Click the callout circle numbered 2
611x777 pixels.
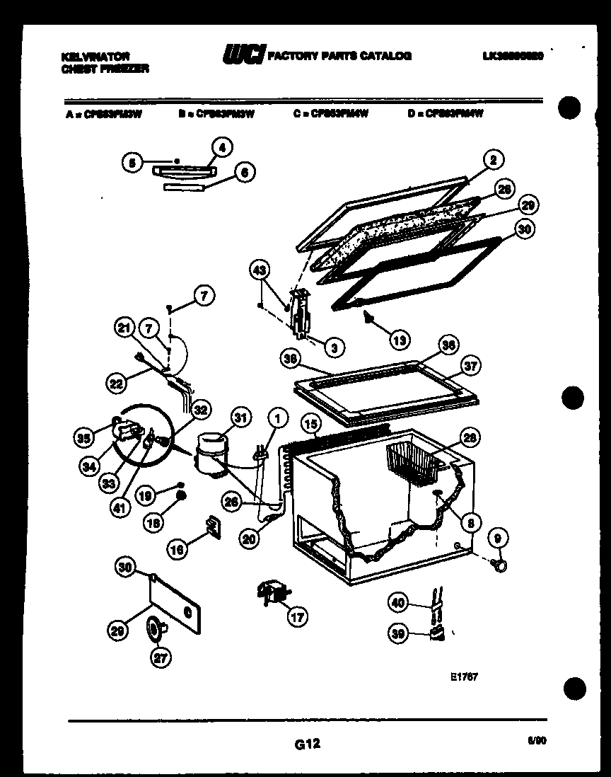[x=493, y=160]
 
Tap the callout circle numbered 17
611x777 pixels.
[x=298, y=616]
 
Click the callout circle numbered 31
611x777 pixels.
[x=240, y=418]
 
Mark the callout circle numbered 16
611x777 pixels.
[x=178, y=546]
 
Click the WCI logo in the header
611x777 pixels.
[x=243, y=55]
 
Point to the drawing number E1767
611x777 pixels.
[x=464, y=676]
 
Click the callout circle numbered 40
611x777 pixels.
[x=398, y=602]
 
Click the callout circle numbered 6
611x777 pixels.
[x=244, y=171]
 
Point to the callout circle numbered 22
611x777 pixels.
[x=116, y=384]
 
